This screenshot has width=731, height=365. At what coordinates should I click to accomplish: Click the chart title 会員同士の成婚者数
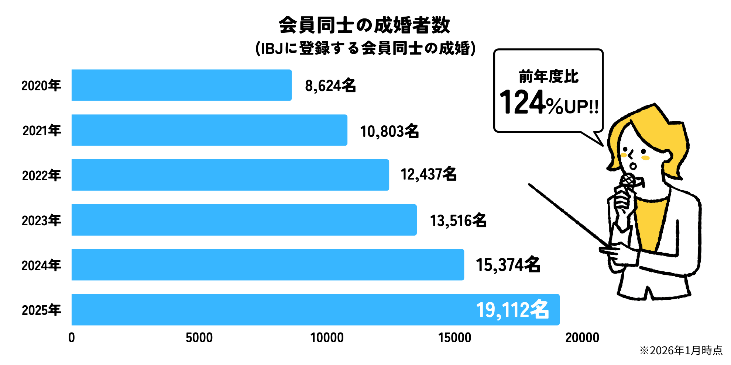(364, 25)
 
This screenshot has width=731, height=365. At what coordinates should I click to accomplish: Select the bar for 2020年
(181, 85)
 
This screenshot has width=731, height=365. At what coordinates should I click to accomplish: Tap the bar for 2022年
(230, 175)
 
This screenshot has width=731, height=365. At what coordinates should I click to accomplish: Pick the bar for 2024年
(268, 265)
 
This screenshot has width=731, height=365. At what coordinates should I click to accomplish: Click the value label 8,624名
(330, 86)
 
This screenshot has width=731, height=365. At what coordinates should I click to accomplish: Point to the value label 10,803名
(389, 131)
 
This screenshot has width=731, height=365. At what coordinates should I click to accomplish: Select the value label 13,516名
(458, 220)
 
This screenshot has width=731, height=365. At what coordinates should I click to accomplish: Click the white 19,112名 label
(512, 310)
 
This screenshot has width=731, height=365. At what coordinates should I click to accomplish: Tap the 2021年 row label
(42, 131)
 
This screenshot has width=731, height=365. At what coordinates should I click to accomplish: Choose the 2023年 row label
(41, 220)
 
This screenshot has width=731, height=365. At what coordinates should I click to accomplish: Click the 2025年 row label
(41, 310)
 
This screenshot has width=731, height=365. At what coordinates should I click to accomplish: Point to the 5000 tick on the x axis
(199, 338)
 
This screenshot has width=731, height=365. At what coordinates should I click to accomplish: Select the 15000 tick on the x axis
(454, 338)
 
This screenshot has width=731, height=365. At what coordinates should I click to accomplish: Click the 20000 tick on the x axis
(582, 338)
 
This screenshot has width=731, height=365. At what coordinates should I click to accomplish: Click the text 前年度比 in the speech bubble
(549, 77)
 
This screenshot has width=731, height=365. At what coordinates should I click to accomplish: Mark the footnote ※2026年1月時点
(681, 350)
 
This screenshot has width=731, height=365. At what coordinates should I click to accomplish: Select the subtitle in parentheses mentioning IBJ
(365, 48)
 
